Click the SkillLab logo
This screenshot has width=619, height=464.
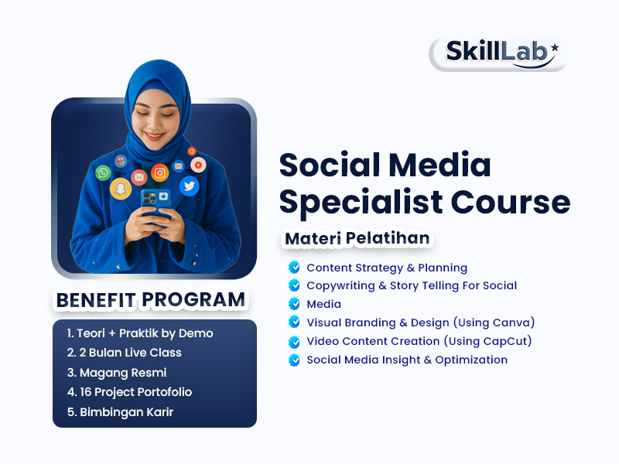[x=499, y=52]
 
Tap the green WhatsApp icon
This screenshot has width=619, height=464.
[x=103, y=172]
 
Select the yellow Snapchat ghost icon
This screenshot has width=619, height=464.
[x=120, y=189]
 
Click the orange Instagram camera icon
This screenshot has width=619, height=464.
[x=160, y=173]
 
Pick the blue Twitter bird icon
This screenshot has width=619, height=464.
[x=189, y=186]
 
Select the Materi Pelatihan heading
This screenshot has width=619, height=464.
[x=357, y=238]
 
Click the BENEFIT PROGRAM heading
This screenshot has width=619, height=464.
[x=150, y=299]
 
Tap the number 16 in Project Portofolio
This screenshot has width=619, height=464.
[x=86, y=392]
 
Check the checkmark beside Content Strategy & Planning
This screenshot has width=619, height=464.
[x=294, y=268]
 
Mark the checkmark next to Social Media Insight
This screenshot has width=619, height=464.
[x=294, y=360]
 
